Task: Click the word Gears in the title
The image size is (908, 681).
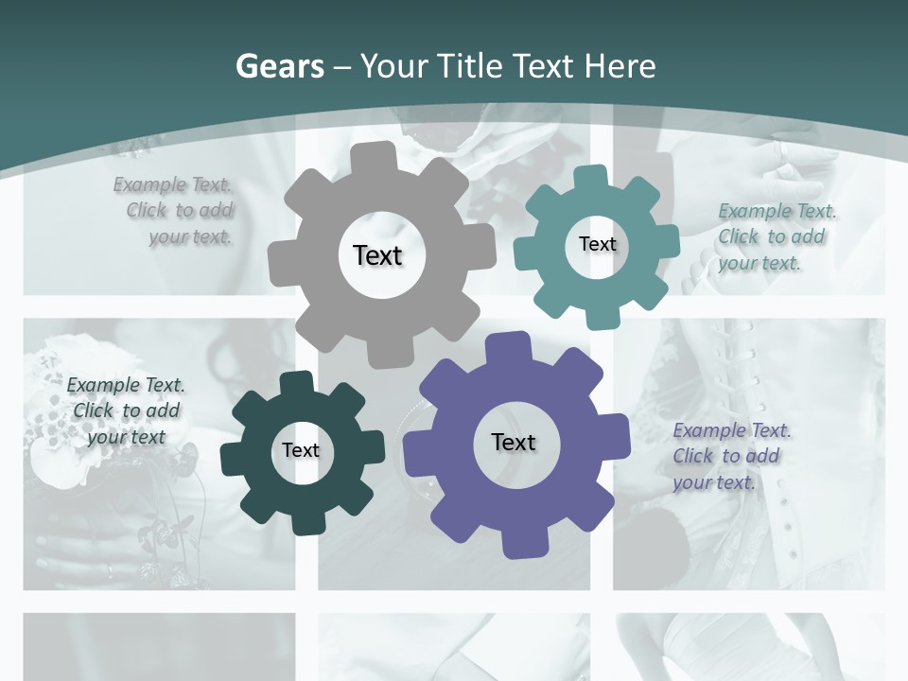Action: click(x=280, y=66)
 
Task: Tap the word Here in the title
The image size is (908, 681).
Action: click(x=619, y=66)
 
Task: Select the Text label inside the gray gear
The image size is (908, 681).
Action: click(x=377, y=255)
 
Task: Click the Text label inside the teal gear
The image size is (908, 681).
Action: click(x=597, y=244)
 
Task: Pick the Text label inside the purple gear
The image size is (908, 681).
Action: click(x=514, y=443)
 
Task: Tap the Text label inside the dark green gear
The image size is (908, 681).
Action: click(x=301, y=451)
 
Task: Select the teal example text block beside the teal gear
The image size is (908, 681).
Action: click(x=776, y=236)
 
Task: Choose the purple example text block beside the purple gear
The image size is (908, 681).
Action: click(x=730, y=456)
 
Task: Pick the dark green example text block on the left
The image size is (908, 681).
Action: click(x=126, y=410)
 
